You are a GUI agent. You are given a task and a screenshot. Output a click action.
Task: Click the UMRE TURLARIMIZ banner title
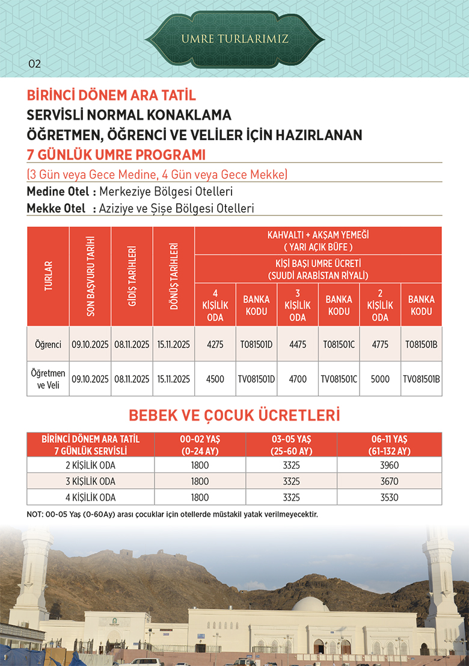235,39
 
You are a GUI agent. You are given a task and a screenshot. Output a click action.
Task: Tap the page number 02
34,64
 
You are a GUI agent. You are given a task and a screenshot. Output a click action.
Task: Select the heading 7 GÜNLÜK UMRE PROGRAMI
116,155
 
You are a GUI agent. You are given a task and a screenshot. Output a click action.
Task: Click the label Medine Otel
58,192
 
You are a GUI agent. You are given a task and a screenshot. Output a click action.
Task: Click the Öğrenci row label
48,344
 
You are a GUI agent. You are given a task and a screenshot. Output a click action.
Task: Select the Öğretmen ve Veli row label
48,378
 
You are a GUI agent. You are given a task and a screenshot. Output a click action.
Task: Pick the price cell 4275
215,344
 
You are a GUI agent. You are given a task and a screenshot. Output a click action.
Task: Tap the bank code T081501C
339,344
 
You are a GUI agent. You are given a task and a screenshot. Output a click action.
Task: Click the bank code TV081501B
421,379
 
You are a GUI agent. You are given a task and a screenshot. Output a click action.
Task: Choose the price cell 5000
380,379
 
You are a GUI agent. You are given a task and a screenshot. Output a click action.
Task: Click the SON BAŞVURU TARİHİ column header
90,276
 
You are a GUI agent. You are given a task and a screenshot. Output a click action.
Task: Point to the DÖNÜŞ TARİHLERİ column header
174,276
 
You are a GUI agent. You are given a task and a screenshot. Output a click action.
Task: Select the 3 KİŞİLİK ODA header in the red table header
298,304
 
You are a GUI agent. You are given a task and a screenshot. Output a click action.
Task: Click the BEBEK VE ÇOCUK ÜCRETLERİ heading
234,415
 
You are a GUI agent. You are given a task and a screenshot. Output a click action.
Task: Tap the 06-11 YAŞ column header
390,444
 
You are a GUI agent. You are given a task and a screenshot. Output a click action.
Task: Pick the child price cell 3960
390,465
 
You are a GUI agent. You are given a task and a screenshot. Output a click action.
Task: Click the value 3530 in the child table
390,498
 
